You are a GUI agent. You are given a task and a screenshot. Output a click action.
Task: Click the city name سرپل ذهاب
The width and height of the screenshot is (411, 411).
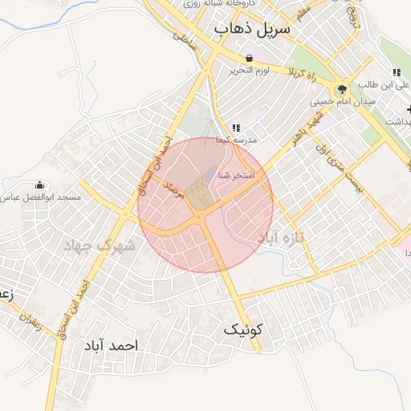(251, 29)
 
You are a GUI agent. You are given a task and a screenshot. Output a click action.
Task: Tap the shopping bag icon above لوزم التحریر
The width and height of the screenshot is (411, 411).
(250, 59)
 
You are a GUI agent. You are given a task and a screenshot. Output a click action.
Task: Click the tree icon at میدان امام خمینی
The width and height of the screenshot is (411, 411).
(343, 89)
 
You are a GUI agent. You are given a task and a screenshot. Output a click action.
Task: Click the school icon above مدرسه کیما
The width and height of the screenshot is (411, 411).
(235, 128)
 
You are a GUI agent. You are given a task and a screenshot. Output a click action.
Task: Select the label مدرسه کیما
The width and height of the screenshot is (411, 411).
(236, 140)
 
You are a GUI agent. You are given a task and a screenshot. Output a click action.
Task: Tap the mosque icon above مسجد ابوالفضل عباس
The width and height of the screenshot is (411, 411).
(40, 184)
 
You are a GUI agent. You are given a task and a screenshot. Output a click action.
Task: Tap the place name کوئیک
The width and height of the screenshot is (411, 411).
(243, 329)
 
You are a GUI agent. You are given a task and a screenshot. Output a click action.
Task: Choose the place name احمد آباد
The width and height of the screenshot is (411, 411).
(111, 345)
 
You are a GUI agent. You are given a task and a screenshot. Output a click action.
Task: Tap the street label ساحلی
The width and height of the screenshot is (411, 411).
(184, 37)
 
